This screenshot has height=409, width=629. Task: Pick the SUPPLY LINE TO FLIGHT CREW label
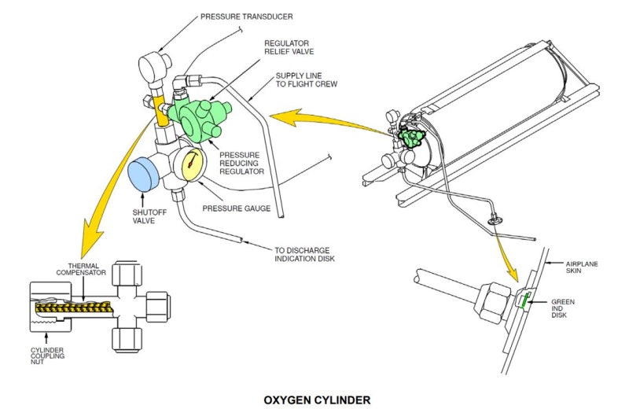click(303, 81)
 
